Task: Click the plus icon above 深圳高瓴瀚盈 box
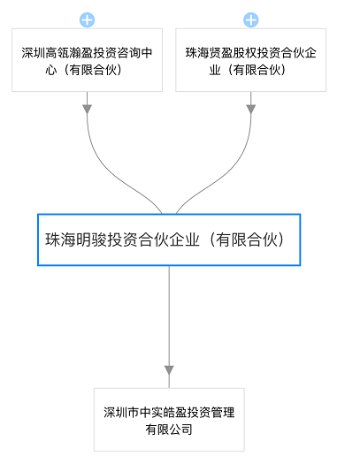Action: (87, 20)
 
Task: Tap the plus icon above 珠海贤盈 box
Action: (250, 20)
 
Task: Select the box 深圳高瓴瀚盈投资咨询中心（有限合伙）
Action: (87, 60)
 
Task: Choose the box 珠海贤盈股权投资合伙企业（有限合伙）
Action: (250, 60)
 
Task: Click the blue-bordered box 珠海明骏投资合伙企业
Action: (169, 240)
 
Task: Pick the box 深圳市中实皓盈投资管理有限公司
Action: (169, 420)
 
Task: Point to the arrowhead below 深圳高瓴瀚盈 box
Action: (87, 109)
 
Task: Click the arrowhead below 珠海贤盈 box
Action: (250, 109)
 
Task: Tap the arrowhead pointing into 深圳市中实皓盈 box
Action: (169, 370)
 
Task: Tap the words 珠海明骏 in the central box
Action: (76, 240)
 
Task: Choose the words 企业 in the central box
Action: (184, 240)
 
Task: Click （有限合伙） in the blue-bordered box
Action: (245, 240)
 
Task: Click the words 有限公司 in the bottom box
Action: (169, 430)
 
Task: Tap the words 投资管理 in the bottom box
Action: (211, 413)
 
